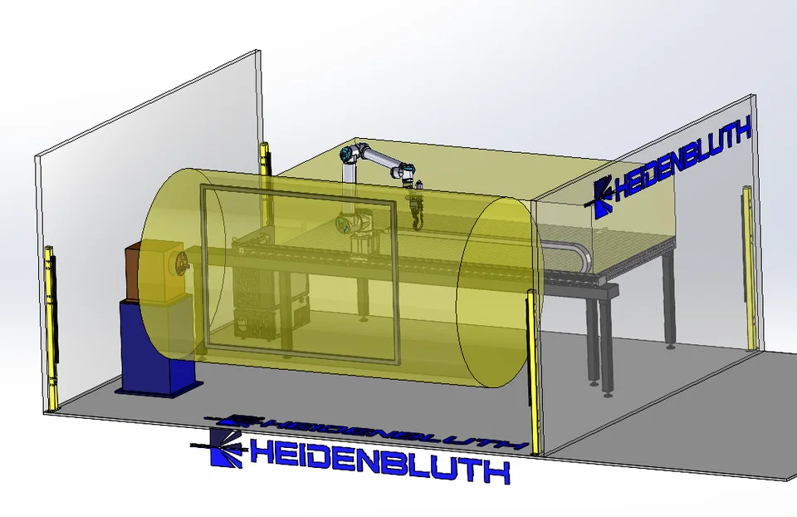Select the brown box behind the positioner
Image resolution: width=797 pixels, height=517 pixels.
(x=132, y=273)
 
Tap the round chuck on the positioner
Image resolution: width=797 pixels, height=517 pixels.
(x=180, y=262)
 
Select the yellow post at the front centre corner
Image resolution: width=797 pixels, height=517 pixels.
(x=533, y=372)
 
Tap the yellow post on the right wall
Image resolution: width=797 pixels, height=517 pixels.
(x=748, y=267)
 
